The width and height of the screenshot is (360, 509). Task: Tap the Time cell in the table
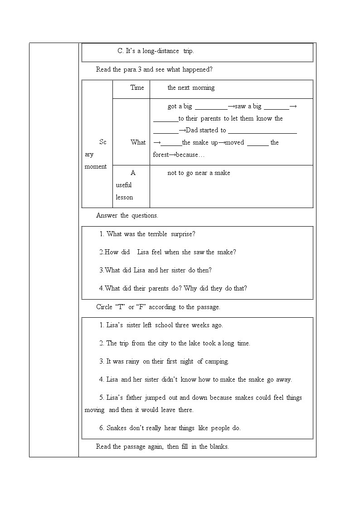pyautogui.click(x=137, y=87)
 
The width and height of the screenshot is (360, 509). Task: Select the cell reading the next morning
pyautogui.click(x=191, y=87)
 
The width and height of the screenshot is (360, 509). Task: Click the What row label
pyautogui.click(x=138, y=142)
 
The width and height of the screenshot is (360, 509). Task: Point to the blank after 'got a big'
pyautogui.click(x=211, y=107)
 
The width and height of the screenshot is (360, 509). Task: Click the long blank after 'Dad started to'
pyautogui.click(x=262, y=131)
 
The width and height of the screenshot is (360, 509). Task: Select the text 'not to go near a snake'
pyautogui.click(x=199, y=173)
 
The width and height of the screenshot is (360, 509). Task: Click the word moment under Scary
pyautogui.click(x=96, y=166)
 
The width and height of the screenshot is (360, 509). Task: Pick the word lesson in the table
pyautogui.click(x=124, y=197)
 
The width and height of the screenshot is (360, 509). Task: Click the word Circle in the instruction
pyautogui.click(x=104, y=307)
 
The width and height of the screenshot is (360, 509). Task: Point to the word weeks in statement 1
pyautogui.click(x=200, y=325)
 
